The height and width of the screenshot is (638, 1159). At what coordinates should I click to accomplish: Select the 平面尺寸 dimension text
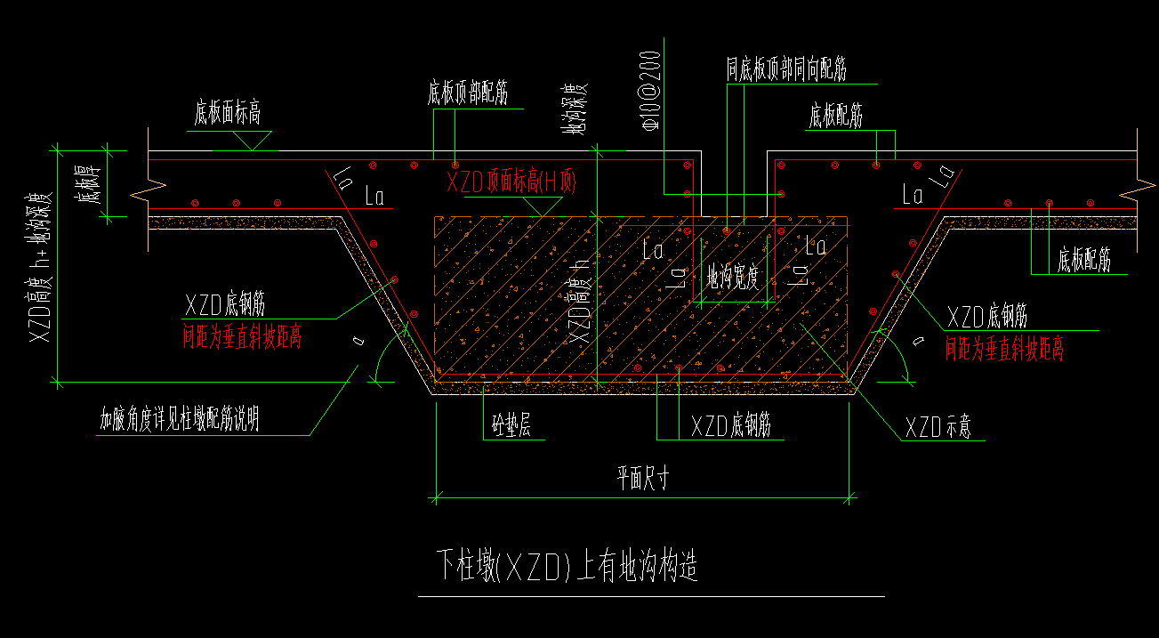[x=642, y=479]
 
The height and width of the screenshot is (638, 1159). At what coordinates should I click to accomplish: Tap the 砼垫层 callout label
[x=511, y=427]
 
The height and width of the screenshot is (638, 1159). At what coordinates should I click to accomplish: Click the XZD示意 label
[x=938, y=428]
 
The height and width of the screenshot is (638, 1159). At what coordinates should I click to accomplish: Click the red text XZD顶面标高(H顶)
[x=511, y=183]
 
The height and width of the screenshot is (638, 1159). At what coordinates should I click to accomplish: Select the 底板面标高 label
[x=227, y=115]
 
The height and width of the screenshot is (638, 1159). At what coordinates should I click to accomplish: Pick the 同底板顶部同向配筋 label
[x=785, y=70]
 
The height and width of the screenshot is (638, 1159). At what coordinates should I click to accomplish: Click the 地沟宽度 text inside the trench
[x=733, y=279]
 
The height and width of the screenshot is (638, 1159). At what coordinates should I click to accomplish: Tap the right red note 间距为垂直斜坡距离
[x=1003, y=350]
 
